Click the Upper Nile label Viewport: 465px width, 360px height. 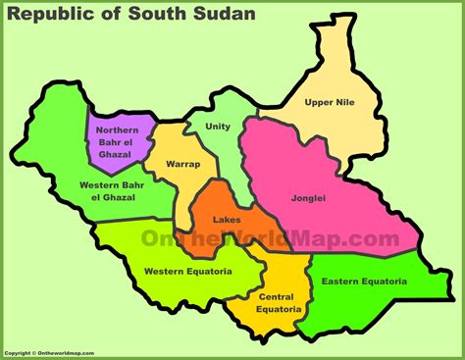[x=329, y=102]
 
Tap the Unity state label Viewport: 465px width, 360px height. [x=219, y=126]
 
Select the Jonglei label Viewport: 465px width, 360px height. [x=307, y=198]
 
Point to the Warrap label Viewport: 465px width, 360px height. [x=183, y=163]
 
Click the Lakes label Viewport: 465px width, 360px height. [x=227, y=220]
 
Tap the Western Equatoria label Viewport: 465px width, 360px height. [x=187, y=271]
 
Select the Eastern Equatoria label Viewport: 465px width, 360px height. [x=363, y=282]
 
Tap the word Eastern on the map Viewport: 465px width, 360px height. [x=341, y=282]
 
